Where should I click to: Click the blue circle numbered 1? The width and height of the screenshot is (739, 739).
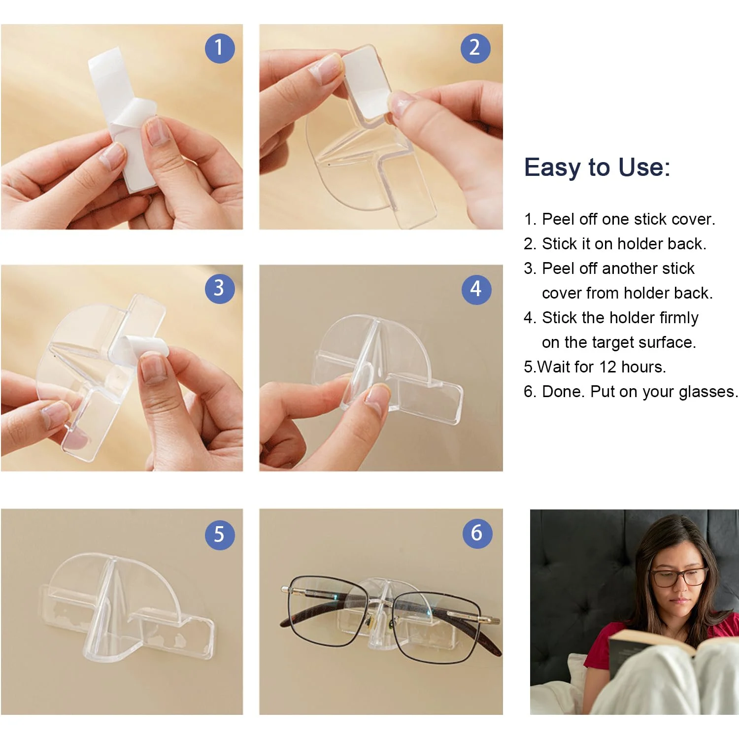click(x=220, y=48)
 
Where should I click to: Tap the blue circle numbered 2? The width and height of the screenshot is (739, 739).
click(x=475, y=48)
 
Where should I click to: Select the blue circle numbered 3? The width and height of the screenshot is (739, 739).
click(x=220, y=289)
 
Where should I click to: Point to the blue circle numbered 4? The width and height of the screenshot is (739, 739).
click(x=476, y=289)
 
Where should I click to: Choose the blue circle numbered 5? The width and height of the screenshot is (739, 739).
click(x=220, y=535)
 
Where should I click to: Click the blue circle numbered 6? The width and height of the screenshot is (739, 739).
click(x=477, y=533)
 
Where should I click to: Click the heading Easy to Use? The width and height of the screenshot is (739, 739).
click(x=597, y=168)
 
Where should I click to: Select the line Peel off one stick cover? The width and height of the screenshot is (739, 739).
click(x=619, y=219)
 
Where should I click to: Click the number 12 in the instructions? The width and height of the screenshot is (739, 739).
click(x=608, y=367)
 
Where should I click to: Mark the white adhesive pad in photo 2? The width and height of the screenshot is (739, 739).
click(x=365, y=81)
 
